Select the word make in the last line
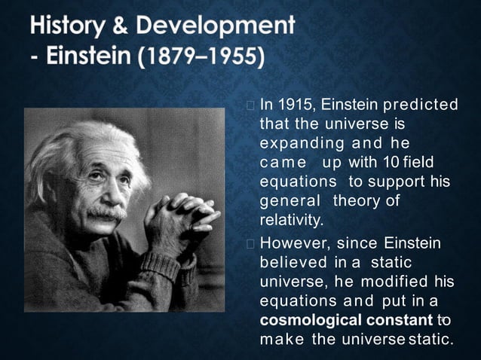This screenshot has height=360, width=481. (x=280, y=340)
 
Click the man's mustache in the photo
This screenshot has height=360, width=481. (x=105, y=213)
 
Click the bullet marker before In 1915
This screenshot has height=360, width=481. (x=250, y=104)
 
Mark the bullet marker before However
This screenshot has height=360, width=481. (x=250, y=243)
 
